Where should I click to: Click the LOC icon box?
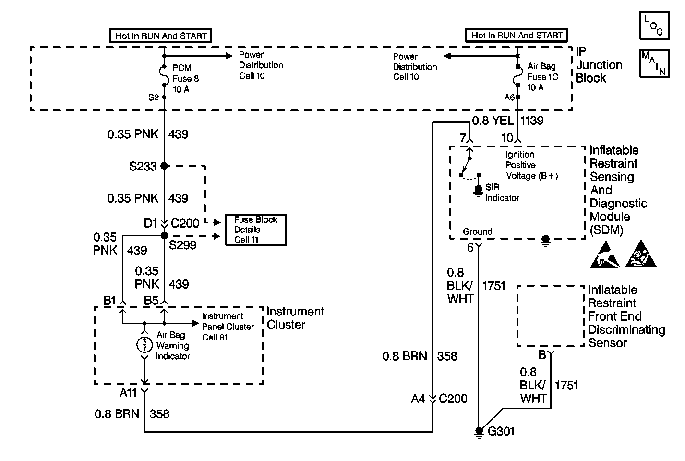pos(654,25)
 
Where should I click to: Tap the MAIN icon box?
pos(654,63)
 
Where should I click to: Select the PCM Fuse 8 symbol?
pos(164,76)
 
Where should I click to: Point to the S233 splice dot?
pos(164,166)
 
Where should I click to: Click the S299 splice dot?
pos(164,235)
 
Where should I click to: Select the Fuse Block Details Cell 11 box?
pos(256,230)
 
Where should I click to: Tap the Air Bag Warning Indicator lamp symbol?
pos(144,345)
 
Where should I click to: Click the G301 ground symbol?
pos(479,431)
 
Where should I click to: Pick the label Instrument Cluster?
pos(295,318)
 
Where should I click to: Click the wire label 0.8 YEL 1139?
pos(507,121)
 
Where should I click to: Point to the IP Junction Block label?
pos(599,65)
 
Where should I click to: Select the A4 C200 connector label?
pos(439,399)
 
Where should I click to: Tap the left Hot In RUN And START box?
pos(161,36)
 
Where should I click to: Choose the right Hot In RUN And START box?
pos(517,35)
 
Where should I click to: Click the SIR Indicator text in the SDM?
pos(502,193)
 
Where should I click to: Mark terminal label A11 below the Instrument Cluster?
pos(128,393)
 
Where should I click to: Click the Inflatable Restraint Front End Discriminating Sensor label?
pos(626,316)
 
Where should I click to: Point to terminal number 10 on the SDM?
pos(507,138)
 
